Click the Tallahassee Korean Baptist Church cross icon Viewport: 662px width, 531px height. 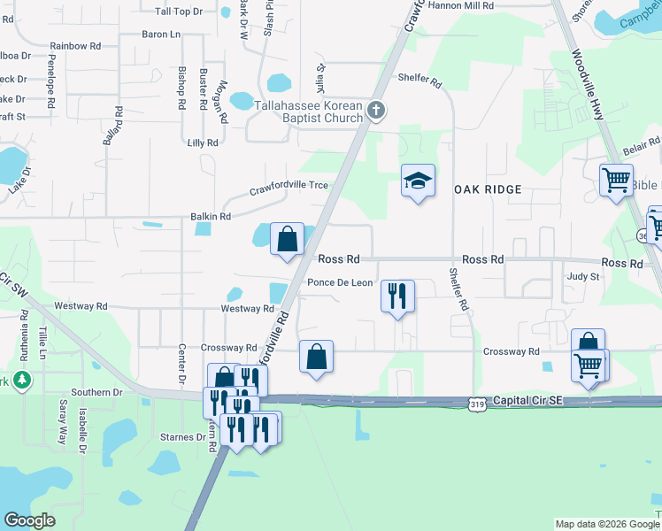pyautogui.click(x=376, y=112)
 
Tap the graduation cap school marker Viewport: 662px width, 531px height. pyautogui.click(x=418, y=181)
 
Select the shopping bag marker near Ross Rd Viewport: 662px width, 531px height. pyautogui.click(x=287, y=239)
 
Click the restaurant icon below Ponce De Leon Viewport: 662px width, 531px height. pyautogui.click(x=397, y=295)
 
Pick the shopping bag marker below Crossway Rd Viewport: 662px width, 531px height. pyautogui.click(x=316, y=357)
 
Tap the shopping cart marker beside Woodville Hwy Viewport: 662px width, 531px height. pyautogui.click(x=616, y=181)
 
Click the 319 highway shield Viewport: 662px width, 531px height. pyautogui.click(x=477, y=404)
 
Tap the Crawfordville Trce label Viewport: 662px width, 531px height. pyautogui.click(x=289, y=186)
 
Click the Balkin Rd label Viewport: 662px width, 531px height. pyautogui.click(x=211, y=216)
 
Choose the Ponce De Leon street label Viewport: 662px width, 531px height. pyautogui.click(x=340, y=283)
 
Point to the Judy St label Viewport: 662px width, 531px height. pyautogui.click(x=583, y=276)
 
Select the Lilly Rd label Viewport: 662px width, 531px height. pyautogui.click(x=203, y=142)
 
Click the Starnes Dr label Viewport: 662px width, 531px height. pyautogui.click(x=182, y=437)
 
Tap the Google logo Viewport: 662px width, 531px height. pyautogui.click(x=29, y=520)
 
